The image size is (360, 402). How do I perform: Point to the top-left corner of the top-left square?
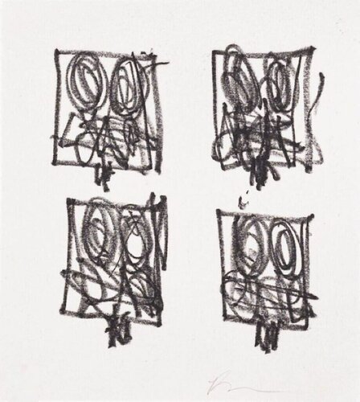pyautogui.click(x=57, y=51)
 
